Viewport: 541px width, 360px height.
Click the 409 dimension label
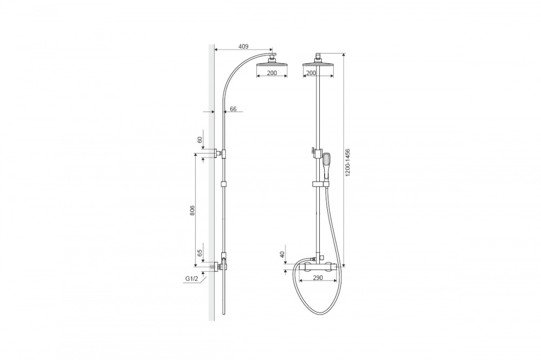click(243, 46)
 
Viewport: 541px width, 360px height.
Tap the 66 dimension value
click(233, 109)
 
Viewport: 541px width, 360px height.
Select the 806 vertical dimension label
click(193, 210)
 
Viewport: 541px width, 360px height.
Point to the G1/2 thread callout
click(192, 279)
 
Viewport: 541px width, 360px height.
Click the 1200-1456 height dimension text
click(348, 163)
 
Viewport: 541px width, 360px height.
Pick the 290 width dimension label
click(318, 278)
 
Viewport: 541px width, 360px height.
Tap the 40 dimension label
click(282, 255)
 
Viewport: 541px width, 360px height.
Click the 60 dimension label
click(199, 139)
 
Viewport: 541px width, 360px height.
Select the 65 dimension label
click(200, 252)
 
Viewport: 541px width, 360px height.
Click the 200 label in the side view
click(272, 73)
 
